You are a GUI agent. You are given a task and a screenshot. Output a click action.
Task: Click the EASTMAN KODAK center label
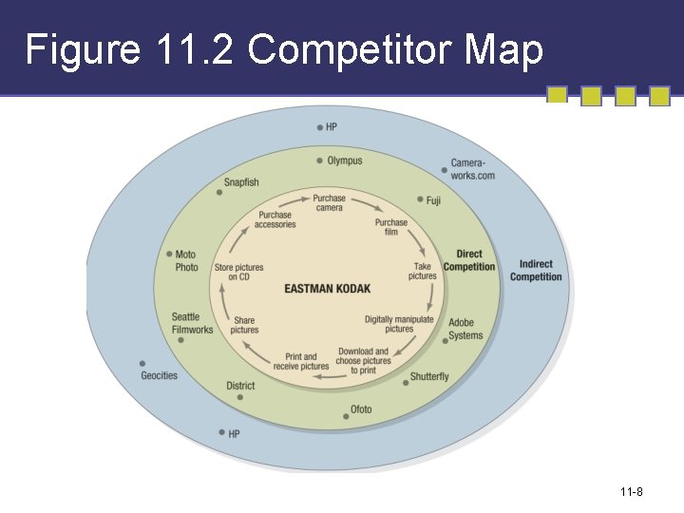click(328, 289)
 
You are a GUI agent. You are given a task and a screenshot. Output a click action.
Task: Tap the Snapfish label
click(241, 182)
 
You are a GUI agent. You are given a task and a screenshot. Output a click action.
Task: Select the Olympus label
click(344, 161)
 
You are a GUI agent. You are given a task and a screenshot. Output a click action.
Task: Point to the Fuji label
click(433, 200)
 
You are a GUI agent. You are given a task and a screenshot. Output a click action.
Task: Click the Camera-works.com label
click(472, 169)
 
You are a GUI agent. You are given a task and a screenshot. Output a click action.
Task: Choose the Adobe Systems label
click(465, 329)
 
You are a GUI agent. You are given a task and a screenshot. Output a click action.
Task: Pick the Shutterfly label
click(429, 376)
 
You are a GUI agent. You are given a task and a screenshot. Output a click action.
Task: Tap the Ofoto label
click(361, 409)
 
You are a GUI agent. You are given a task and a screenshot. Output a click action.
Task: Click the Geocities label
click(160, 375)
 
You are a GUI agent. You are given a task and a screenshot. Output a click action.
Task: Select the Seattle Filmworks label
click(192, 323)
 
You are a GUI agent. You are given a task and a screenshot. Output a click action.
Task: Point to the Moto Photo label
click(186, 260)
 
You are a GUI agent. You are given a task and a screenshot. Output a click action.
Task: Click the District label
click(240, 386)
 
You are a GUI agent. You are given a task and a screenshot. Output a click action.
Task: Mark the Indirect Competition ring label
click(536, 271)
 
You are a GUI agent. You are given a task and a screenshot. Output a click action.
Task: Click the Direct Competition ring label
click(469, 260)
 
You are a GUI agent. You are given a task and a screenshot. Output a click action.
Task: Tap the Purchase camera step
click(330, 203)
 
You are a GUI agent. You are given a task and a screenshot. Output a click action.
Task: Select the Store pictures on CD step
click(238, 273)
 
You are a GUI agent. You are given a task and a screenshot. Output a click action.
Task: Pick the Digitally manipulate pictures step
click(399, 324)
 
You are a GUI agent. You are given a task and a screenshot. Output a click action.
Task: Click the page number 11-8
click(632, 491)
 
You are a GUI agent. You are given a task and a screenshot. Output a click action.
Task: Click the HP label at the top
click(332, 126)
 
